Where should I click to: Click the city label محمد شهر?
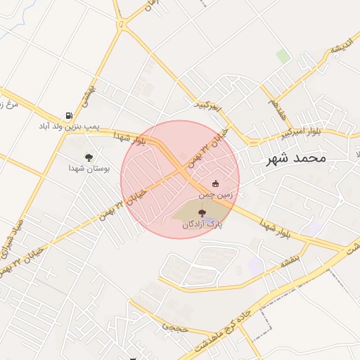click(x=297, y=158)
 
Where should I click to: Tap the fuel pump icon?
click(x=69, y=115)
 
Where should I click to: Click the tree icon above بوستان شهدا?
click(x=89, y=157)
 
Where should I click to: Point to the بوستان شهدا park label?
click(x=86, y=169)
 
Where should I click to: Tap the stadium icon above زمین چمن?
click(x=215, y=184)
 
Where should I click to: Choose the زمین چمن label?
click(x=215, y=193)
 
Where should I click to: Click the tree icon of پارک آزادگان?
click(x=202, y=212)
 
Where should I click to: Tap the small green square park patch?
click(x=283, y=56)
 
